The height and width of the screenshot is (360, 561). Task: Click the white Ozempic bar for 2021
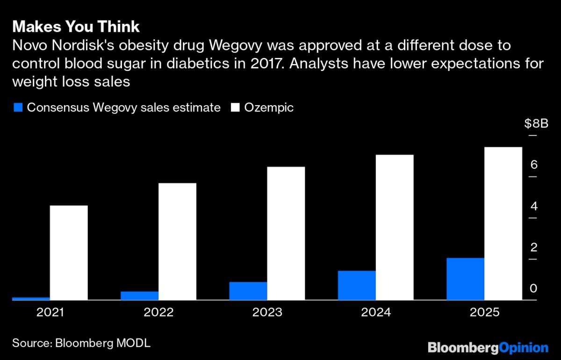(x=69, y=252)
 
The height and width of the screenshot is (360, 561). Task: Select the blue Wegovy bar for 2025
(x=465, y=279)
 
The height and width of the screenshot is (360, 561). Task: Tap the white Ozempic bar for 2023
(x=286, y=233)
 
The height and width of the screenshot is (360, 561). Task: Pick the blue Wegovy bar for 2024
(x=357, y=285)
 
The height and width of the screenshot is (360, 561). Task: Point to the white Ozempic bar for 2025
(x=503, y=223)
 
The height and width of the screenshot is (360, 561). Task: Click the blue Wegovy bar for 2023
(x=248, y=291)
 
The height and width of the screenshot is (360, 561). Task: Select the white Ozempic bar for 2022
(x=177, y=241)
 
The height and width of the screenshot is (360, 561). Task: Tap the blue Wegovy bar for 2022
(x=140, y=295)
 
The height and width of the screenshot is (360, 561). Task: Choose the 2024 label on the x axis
(x=375, y=312)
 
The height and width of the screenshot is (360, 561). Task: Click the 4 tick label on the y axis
(x=533, y=206)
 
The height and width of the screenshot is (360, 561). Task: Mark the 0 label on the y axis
(x=533, y=288)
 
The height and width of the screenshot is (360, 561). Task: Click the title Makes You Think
(x=76, y=26)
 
